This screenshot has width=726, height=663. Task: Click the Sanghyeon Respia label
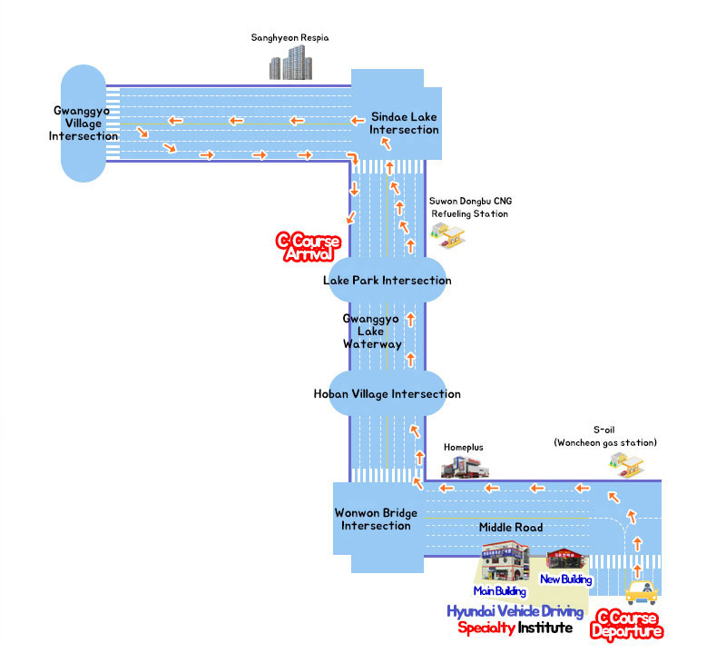[289, 38]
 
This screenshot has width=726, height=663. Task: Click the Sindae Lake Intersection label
[405, 124]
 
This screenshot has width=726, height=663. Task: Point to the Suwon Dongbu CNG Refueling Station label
[469, 207]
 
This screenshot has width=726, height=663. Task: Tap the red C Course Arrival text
[309, 248]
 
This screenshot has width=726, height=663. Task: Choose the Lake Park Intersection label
[387, 281]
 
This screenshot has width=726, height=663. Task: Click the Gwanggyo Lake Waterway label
[372, 331]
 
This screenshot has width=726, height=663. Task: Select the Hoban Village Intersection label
[387, 394]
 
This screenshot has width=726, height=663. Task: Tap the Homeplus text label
[463, 448]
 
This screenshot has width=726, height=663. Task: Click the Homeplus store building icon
[465, 469]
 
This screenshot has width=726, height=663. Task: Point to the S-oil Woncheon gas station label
[604, 435]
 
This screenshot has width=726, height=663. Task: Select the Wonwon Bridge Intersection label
[376, 519]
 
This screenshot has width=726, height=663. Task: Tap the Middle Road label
[510, 528]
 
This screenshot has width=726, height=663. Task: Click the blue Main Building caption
[499, 592]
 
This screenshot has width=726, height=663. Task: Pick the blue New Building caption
[565, 579]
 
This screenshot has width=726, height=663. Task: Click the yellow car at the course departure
[641, 591]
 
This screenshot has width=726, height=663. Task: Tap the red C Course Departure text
[626, 626]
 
